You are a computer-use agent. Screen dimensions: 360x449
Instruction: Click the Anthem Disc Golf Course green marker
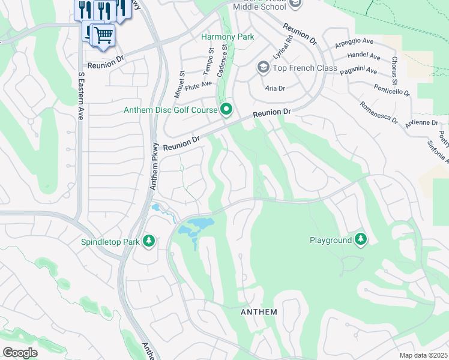226,109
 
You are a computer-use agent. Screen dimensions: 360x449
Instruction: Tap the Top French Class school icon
262,67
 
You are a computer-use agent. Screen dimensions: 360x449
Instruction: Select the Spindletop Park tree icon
148,241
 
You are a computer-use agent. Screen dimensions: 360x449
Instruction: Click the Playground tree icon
360,239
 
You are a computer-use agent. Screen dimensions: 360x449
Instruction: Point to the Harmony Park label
228,37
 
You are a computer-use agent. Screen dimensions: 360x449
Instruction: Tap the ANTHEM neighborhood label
259,312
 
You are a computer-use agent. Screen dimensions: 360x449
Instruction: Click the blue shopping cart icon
103,35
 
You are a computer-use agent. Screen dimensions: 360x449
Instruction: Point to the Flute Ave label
198,85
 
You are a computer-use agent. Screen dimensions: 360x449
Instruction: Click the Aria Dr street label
274,88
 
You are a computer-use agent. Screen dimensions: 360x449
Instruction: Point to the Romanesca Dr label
378,112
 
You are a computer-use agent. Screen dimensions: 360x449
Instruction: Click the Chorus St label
394,70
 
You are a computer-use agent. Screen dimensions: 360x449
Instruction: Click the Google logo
20,353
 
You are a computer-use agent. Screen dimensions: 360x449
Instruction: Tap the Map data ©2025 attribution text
423,355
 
